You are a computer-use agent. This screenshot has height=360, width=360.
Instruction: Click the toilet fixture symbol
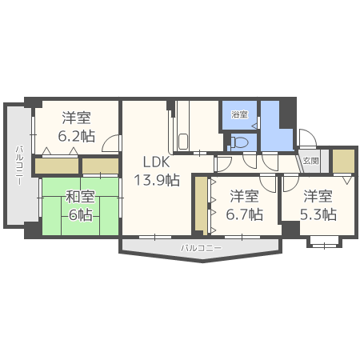point(239,142)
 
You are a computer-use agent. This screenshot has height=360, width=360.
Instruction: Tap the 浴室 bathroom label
point(239,114)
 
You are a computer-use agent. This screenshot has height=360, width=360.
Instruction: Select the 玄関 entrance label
point(310,161)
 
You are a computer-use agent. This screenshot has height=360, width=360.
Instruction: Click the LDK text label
point(156,162)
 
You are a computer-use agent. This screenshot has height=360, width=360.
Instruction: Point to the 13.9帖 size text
point(157,180)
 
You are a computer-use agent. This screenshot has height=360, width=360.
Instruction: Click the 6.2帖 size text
point(77,136)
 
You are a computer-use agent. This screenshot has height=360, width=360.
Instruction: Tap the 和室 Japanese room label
point(80,197)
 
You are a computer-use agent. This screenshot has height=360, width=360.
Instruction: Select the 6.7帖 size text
point(244,214)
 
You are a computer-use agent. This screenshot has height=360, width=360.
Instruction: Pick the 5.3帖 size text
point(318,214)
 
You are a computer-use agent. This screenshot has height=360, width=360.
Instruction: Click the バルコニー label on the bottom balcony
point(201,248)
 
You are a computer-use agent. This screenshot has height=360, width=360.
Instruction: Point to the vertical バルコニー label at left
point(19,165)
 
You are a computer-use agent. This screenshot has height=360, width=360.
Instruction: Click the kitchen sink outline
point(183,142)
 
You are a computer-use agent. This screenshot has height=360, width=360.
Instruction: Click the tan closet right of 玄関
point(343,161)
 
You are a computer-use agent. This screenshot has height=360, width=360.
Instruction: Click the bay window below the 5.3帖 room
point(324,242)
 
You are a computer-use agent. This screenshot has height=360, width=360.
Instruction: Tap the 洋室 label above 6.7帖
point(244,196)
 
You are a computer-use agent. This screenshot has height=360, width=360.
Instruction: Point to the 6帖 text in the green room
point(81,214)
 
